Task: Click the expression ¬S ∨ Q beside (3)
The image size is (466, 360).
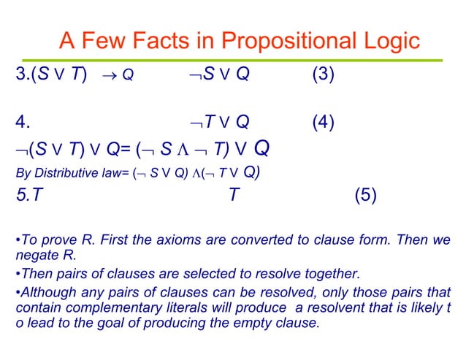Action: click(x=215, y=74)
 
